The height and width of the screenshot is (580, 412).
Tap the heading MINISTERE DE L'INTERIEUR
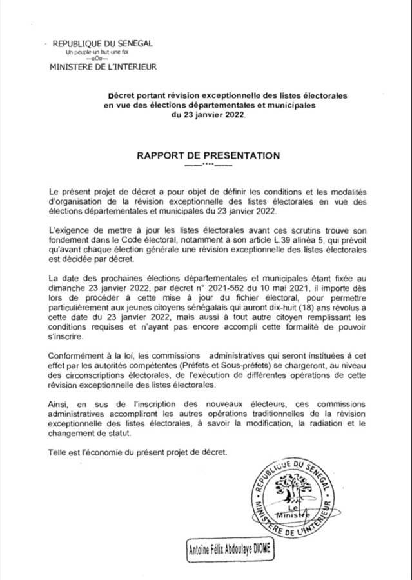[x=103, y=66]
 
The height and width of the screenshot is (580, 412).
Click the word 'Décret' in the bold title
[x=122, y=95]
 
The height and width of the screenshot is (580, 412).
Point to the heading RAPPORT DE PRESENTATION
[x=207, y=156]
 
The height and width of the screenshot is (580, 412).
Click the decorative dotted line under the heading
[x=207, y=166]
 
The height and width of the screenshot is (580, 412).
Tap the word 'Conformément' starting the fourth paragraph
[x=77, y=357]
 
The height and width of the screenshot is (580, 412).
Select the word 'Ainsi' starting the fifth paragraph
[x=59, y=405]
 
